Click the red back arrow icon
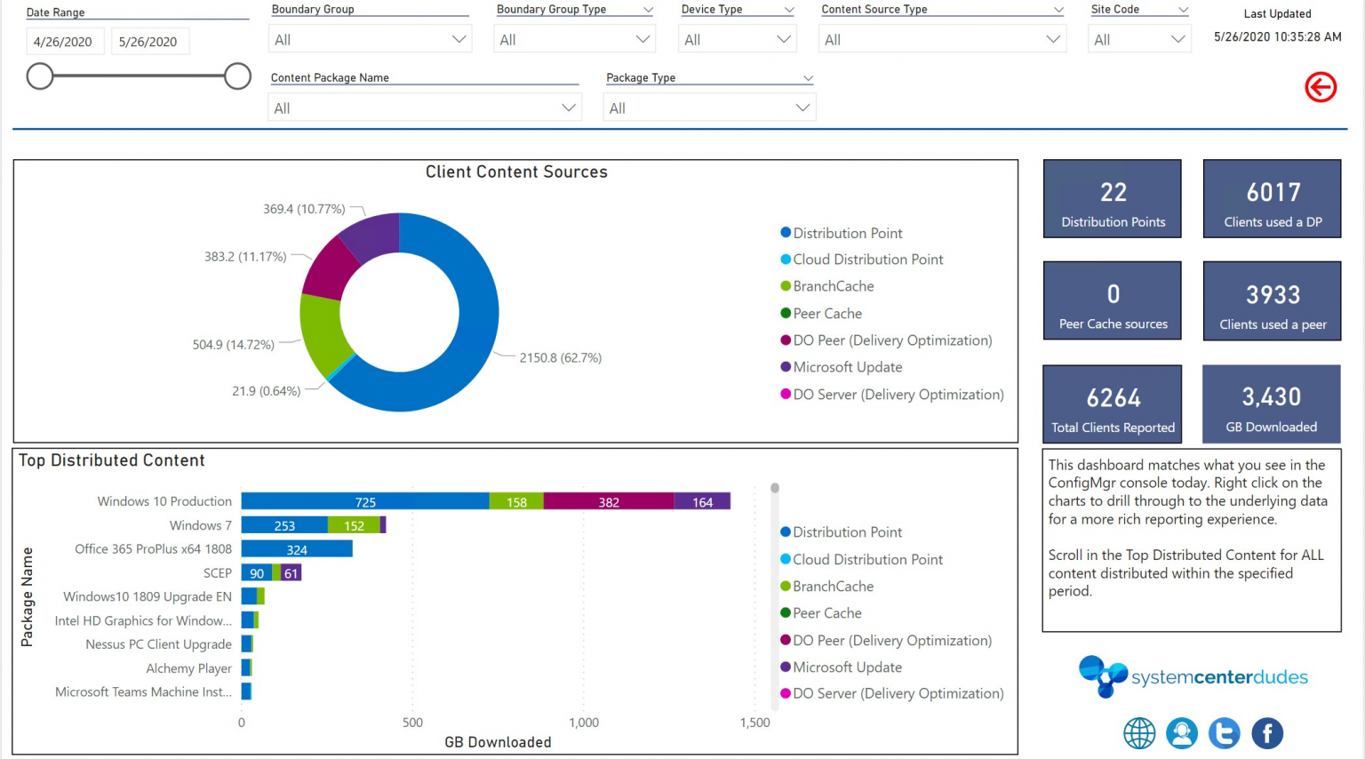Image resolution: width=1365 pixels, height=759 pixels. coord(1321,87)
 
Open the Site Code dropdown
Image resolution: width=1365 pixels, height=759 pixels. coord(1139,39)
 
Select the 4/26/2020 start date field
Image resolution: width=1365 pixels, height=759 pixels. coord(63,42)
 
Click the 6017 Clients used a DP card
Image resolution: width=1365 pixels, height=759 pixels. coord(1272,199)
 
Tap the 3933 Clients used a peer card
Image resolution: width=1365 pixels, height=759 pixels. coord(1272,301)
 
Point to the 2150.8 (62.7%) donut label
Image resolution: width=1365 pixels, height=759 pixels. coord(560,358)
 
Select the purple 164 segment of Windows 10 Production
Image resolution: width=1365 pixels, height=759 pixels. coord(702,502)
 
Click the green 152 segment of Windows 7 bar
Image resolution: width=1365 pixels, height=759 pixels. coord(354,526)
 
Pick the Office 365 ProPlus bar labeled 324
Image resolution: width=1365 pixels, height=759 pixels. coord(297,549)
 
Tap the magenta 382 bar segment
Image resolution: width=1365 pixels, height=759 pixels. coord(609,502)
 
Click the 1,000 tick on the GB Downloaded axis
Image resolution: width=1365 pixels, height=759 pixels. coord(584,723)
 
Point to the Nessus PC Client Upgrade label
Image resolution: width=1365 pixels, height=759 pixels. coord(158,644)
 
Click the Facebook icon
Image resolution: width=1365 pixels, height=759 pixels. coord(1267,733)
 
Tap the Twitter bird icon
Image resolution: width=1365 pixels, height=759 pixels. coord(1224,733)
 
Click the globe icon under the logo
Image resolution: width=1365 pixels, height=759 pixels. coord(1139,733)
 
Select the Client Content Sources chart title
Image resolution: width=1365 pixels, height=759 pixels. coord(516,172)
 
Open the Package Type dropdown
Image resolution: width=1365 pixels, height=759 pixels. coord(709,108)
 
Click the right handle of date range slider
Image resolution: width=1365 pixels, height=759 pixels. coord(237,76)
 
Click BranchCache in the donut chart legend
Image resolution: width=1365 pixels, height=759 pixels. coord(833,286)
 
